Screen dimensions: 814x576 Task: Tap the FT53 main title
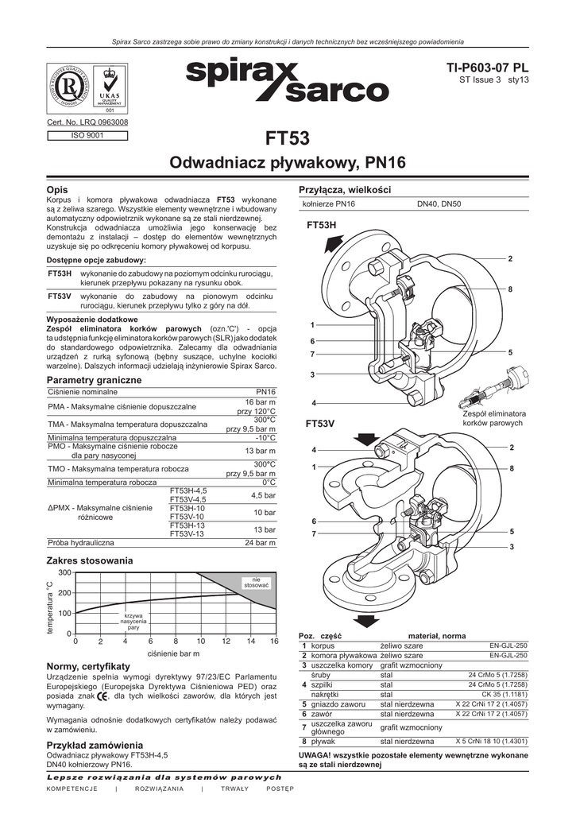click(288, 139)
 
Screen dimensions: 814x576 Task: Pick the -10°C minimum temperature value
click(265, 437)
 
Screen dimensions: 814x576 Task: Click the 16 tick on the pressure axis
click(274, 641)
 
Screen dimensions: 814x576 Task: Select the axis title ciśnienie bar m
click(173, 653)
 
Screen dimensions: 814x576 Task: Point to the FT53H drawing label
click(322, 227)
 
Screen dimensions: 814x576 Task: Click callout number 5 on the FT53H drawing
click(510, 352)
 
